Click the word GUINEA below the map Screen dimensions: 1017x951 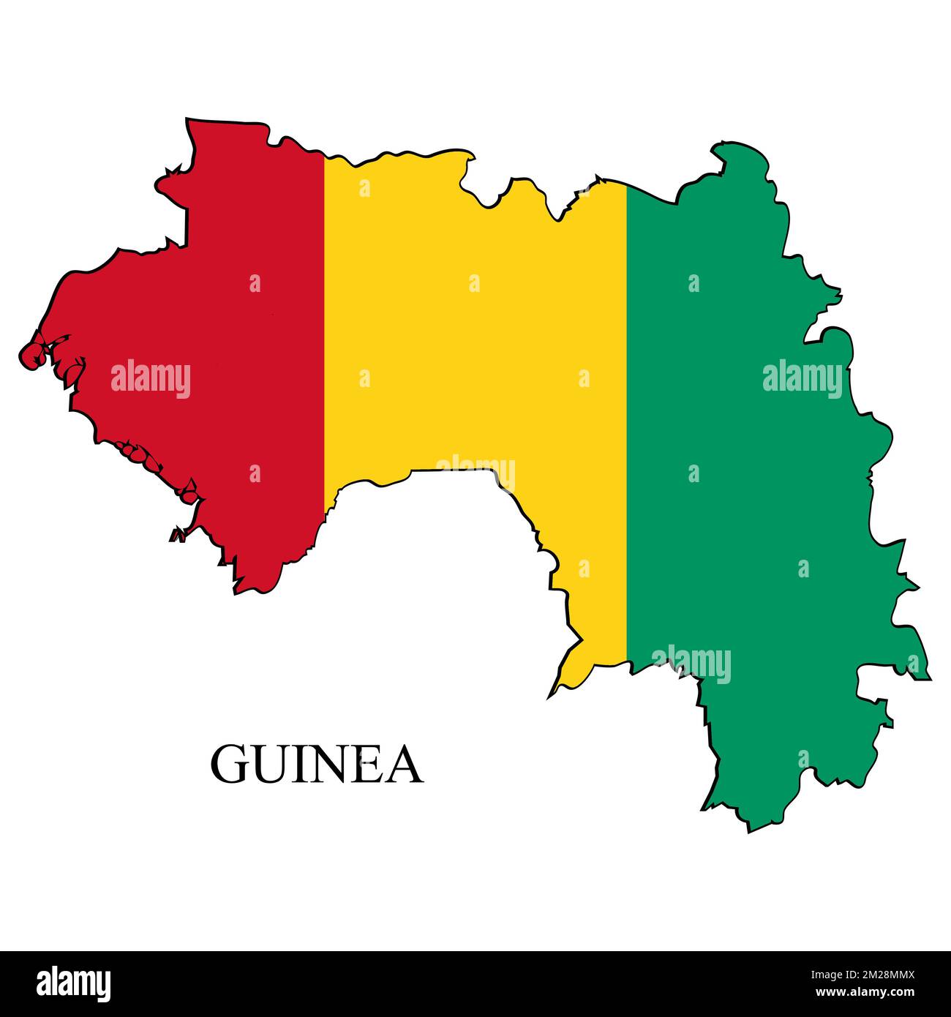(317, 765)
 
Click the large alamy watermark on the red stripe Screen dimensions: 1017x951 (151, 380)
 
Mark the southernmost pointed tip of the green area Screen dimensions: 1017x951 (748, 830)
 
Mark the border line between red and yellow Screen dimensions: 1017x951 (324, 329)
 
